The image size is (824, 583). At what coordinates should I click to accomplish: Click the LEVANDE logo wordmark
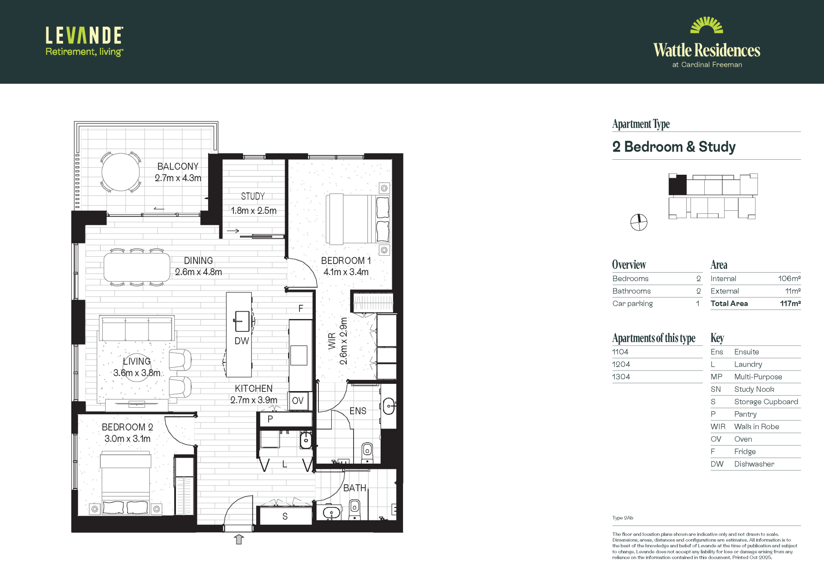[85, 36]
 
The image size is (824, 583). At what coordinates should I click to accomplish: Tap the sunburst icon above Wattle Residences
[706, 25]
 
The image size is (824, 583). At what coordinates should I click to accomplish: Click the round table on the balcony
[121, 172]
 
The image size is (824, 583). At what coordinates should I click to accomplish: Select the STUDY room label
[253, 196]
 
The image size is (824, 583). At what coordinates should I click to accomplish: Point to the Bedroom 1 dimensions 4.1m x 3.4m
[346, 272]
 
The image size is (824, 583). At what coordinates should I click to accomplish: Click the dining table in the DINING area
[137, 267]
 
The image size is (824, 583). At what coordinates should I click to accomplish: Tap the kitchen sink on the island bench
[242, 321]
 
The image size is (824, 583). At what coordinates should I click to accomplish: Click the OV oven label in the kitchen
[297, 401]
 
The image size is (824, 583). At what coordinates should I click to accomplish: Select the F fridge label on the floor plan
[301, 308]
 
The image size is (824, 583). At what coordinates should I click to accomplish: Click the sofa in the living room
[137, 328]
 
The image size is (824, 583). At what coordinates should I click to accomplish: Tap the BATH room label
[354, 488]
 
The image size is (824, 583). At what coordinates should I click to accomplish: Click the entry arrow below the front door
[239, 539]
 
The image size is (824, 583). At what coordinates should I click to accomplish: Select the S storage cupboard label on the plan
[285, 516]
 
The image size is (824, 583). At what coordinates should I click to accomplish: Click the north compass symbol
[639, 222]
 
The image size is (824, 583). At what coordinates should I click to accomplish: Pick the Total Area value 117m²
[790, 304]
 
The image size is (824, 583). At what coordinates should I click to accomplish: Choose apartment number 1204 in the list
[621, 364]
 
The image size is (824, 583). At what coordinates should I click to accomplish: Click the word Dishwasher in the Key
[754, 464]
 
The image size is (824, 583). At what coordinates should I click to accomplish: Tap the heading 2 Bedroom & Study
[674, 147]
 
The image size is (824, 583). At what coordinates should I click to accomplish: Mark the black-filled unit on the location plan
[678, 185]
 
